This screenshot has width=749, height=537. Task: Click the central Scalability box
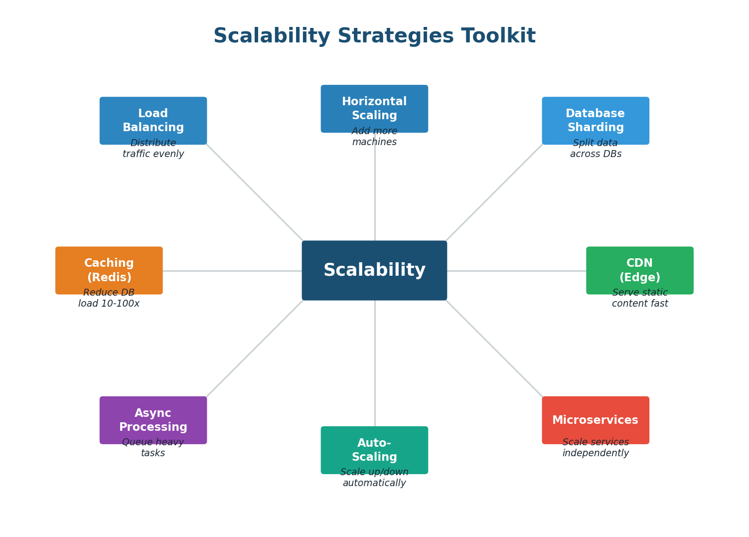374,270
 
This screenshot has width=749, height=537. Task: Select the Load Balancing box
153,120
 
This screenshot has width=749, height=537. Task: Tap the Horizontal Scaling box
374,108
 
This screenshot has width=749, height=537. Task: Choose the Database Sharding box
596,120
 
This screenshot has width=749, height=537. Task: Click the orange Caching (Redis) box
109,270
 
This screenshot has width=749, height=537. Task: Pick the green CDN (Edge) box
639,270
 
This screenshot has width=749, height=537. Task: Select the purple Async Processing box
153,419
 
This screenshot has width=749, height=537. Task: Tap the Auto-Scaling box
374,449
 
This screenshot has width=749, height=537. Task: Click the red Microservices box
596,419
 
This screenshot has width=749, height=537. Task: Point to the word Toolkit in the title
498,36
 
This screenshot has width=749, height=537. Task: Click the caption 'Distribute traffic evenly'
153,149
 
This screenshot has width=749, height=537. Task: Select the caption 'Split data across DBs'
596,149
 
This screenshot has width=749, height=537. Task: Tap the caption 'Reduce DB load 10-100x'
109,299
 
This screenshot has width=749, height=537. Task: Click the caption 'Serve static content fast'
639,299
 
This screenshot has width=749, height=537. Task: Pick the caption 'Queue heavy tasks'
153,448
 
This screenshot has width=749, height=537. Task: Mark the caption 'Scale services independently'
596,448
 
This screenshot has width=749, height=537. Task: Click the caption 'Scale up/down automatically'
374,478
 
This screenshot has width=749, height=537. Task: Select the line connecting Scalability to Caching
232,271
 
